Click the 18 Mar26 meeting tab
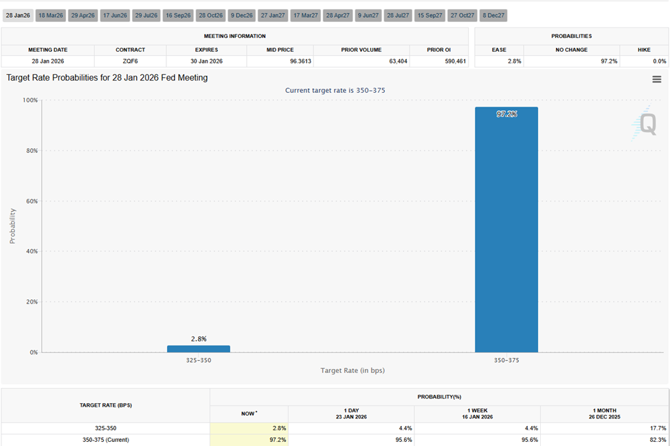(51, 15)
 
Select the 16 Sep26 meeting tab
(178, 15)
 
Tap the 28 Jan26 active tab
(18, 15)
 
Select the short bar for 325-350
(199, 349)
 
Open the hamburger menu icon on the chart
(656, 79)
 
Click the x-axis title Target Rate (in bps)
(353, 370)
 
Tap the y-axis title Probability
(12, 226)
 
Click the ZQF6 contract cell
(130, 61)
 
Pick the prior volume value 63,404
(398, 61)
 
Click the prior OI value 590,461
(451, 61)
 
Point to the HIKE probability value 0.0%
(659, 61)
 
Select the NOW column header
(249, 414)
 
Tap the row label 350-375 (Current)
(105, 440)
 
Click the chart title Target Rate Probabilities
(107, 78)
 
